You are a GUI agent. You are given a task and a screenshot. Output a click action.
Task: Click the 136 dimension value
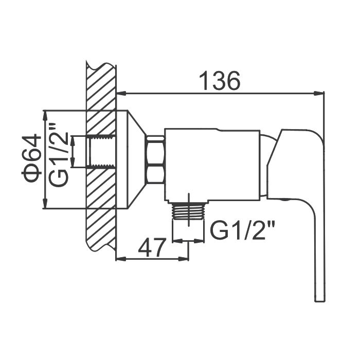220,81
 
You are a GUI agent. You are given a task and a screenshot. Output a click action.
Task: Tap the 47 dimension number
152,247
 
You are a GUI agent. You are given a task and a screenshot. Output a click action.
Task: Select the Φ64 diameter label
31,158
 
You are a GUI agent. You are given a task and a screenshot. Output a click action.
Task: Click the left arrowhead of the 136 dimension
121,93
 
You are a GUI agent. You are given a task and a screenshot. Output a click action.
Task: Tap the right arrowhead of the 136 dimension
319,93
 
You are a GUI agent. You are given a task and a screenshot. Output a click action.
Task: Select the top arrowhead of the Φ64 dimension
45,116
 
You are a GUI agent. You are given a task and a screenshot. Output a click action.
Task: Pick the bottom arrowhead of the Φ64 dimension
45,203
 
